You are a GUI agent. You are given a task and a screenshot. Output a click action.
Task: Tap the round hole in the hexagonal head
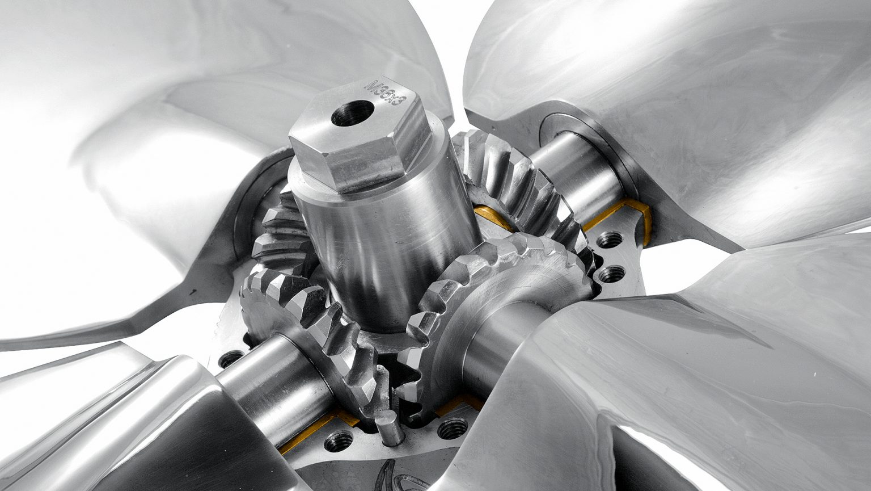point(352,113)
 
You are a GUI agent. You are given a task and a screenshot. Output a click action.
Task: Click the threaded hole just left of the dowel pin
point(339,440)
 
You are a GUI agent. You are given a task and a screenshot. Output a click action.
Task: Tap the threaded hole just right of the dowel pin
point(453,429)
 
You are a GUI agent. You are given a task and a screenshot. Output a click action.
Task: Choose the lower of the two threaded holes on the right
point(612,274)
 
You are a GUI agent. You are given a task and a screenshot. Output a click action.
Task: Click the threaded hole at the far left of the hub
point(231,359)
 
